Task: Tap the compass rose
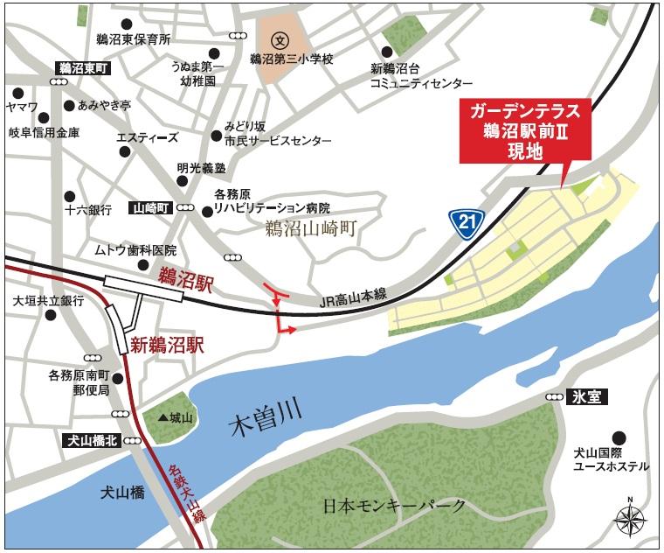tap(629, 518)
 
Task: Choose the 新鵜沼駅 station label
tap(167, 345)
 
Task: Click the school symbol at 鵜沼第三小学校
tap(280, 39)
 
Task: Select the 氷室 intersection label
tap(590, 396)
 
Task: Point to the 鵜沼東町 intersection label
tap(80, 67)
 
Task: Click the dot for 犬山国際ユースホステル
tap(619, 437)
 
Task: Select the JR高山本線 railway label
tap(353, 301)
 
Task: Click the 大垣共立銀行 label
tap(48, 300)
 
